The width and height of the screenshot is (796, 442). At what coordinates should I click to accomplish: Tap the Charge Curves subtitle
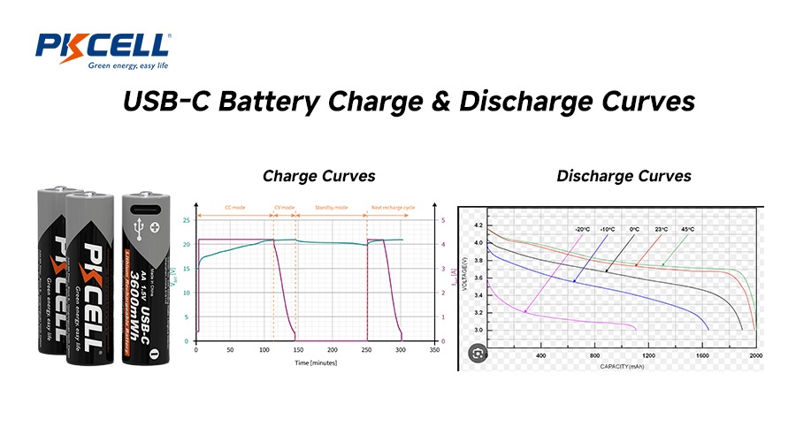[306, 176]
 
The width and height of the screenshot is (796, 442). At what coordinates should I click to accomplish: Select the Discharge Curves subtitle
[624, 176]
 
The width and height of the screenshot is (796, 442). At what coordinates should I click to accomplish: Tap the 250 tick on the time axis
[365, 350]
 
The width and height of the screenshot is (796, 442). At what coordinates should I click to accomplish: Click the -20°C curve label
[581, 230]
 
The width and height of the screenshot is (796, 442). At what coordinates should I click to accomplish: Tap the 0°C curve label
[634, 230]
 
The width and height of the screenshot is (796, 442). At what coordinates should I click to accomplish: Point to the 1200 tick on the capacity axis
[648, 354]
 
